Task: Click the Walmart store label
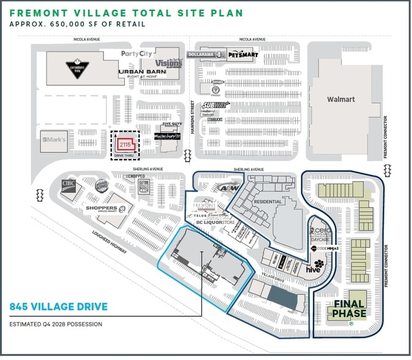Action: [x=341, y=99]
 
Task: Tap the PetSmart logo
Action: [x=243, y=55]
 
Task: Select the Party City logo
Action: [x=137, y=54]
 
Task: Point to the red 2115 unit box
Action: [x=125, y=144]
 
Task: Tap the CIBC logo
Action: [x=69, y=182]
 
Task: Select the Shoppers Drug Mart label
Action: [x=101, y=208]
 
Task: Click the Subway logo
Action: [x=215, y=105]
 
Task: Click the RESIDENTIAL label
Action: [x=267, y=201]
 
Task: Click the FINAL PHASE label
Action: [x=349, y=309]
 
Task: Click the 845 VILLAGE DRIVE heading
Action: [x=59, y=307]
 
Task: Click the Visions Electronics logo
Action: [x=169, y=63]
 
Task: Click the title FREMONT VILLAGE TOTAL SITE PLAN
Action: [x=126, y=13]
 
